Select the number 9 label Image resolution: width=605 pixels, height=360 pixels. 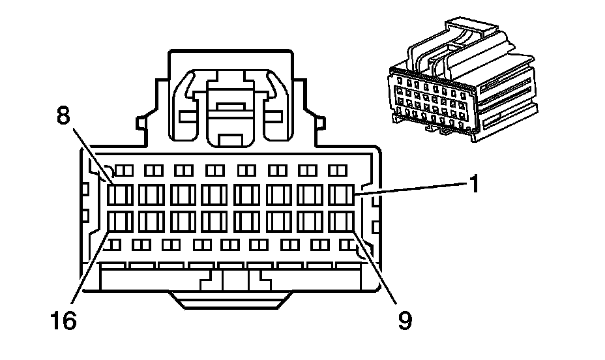point(405,320)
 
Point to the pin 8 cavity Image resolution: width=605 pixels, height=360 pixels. point(121,194)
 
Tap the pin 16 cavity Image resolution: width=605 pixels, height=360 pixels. point(121,222)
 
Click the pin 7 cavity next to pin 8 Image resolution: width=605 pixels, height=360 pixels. point(152,194)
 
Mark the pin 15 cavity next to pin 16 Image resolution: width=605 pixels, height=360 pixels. point(152,222)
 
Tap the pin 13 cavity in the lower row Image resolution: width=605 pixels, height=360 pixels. point(216,222)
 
